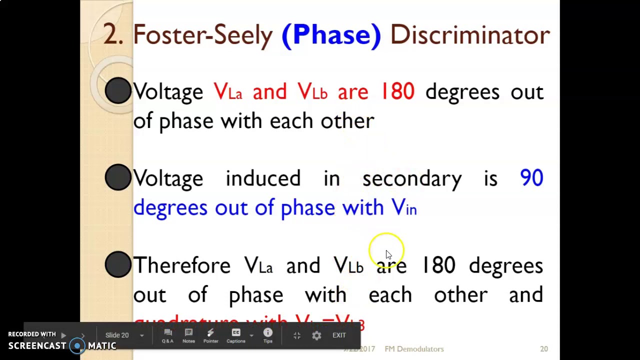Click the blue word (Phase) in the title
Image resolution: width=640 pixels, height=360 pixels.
click(x=331, y=35)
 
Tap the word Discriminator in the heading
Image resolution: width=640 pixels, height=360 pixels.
click(x=469, y=35)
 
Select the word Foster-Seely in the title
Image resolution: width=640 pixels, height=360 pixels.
click(x=202, y=35)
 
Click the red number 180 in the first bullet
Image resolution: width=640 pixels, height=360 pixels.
click(x=397, y=92)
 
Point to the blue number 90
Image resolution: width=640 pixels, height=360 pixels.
click(x=531, y=178)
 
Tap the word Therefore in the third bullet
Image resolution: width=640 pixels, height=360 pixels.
click(x=182, y=265)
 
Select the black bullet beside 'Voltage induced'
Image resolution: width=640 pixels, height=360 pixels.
click(x=118, y=177)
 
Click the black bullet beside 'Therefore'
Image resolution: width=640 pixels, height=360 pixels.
click(x=118, y=264)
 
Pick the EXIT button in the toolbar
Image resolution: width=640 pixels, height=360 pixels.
click(x=339, y=335)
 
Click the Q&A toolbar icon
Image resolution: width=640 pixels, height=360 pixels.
click(x=167, y=335)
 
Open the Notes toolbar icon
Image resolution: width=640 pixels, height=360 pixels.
click(x=188, y=335)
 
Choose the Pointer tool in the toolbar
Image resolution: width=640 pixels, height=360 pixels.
click(x=210, y=335)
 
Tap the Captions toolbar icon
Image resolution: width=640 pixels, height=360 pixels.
click(x=236, y=335)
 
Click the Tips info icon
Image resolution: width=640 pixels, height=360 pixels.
click(x=268, y=335)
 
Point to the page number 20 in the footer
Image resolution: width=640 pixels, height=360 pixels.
click(x=544, y=349)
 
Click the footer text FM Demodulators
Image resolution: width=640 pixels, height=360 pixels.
click(x=414, y=349)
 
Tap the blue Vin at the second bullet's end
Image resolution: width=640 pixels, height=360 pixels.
click(x=404, y=207)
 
